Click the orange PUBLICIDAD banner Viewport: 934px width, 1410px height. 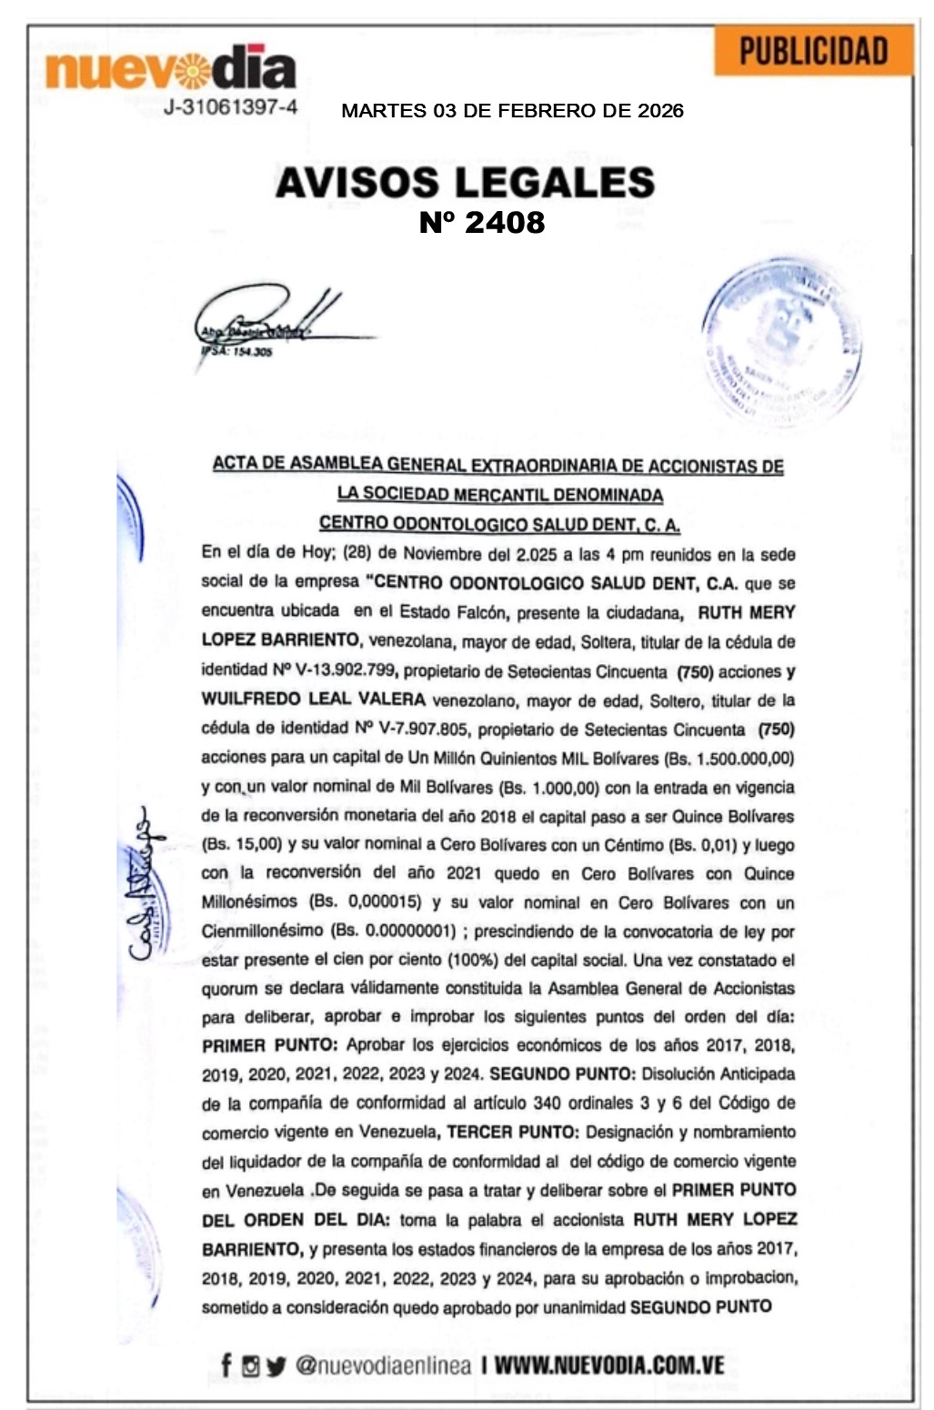[x=813, y=51]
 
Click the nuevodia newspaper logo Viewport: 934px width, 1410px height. [x=171, y=68]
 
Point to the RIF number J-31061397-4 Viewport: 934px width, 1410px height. [x=231, y=107]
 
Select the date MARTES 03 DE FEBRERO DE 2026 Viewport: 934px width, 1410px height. [x=512, y=111]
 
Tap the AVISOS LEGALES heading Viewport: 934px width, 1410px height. [x=465, y=182]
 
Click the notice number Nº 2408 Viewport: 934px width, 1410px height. [x=482, y=223]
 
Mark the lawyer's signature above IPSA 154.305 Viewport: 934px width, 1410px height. [x=268, y=318]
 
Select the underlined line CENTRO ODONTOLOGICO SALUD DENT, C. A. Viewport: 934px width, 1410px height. [x=499, y=524]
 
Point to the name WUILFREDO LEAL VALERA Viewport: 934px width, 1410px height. [x=314, y=700]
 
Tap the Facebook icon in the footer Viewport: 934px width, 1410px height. [x=226, y=1365]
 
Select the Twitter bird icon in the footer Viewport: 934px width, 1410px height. [x=276, y=1365]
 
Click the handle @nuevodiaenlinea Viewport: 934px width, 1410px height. [x=383, y=1365]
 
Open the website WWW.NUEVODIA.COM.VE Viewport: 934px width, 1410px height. [x=609, y=1365]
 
